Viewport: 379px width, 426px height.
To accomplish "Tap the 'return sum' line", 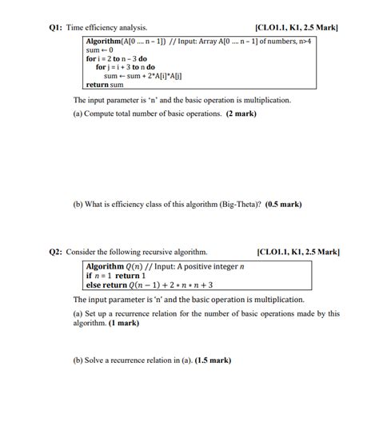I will coord(105,84).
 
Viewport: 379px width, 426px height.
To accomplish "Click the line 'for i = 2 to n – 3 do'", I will coord(117,58).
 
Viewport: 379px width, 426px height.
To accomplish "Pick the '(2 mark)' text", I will coord(241,114).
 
